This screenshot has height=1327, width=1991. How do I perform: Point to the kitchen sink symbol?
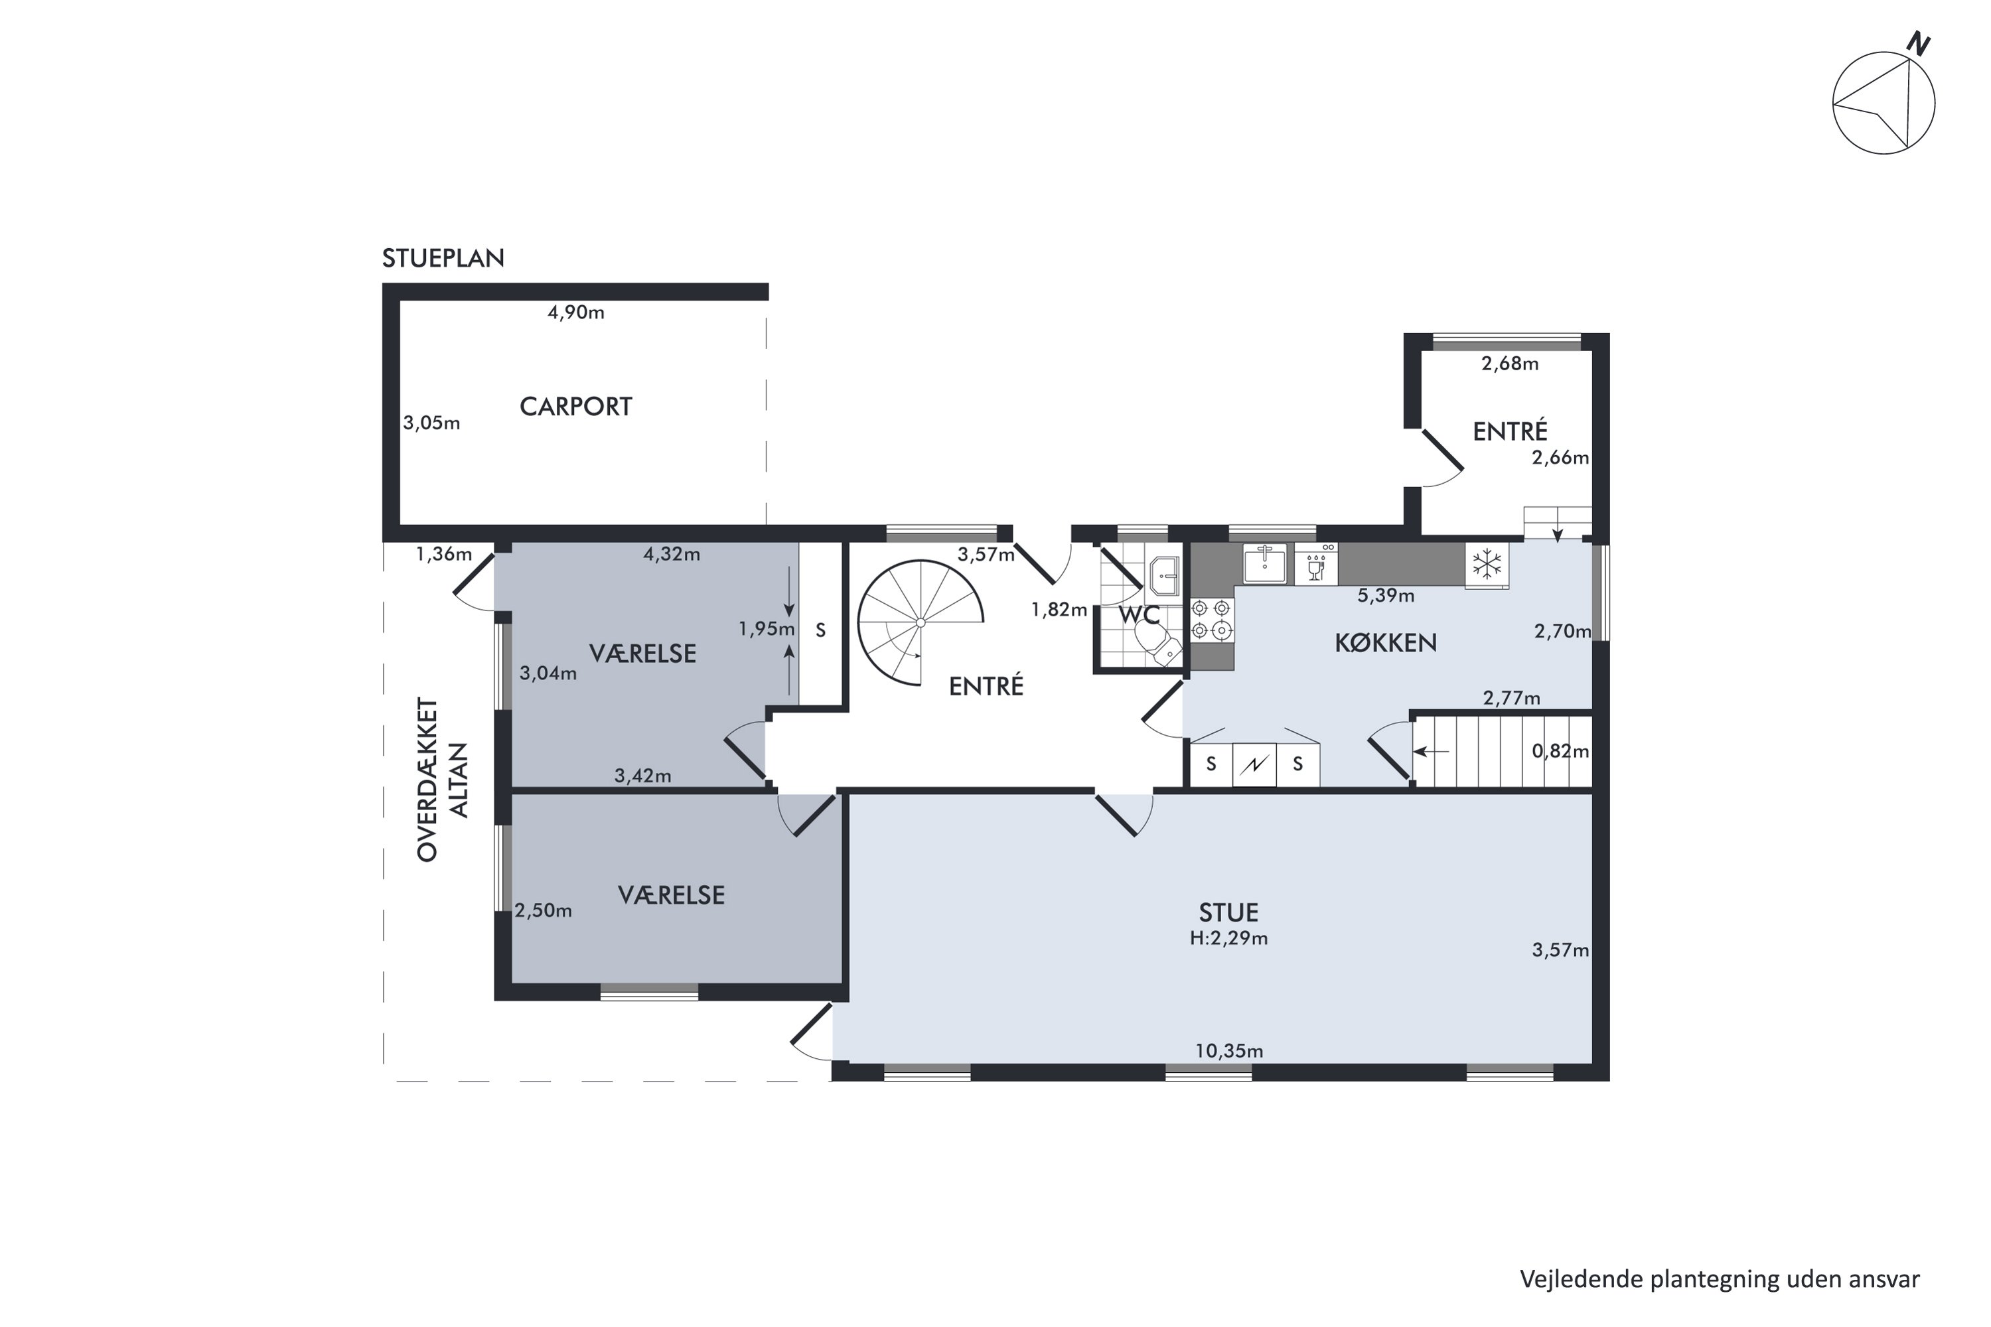click(1265, 563)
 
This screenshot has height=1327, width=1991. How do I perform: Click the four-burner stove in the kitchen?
click(1211, 618)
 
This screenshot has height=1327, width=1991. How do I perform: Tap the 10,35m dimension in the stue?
click(1229, 1051)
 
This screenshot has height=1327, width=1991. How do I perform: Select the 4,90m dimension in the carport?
click(575, 313)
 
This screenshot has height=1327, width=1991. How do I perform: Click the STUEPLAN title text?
click(443, 258)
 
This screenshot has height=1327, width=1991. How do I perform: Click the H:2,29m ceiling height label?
click(1228, 938)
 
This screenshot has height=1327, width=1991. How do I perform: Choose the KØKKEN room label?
click(1386, 643)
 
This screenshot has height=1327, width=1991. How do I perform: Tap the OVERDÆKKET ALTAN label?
click(442, 780)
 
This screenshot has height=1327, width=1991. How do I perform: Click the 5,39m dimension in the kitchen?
click(1386, 596)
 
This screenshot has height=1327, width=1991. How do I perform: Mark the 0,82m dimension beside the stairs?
click(1560, 750)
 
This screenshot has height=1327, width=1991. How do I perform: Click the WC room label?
click(1139, 614)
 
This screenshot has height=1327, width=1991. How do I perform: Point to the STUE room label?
click(1228, 912)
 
